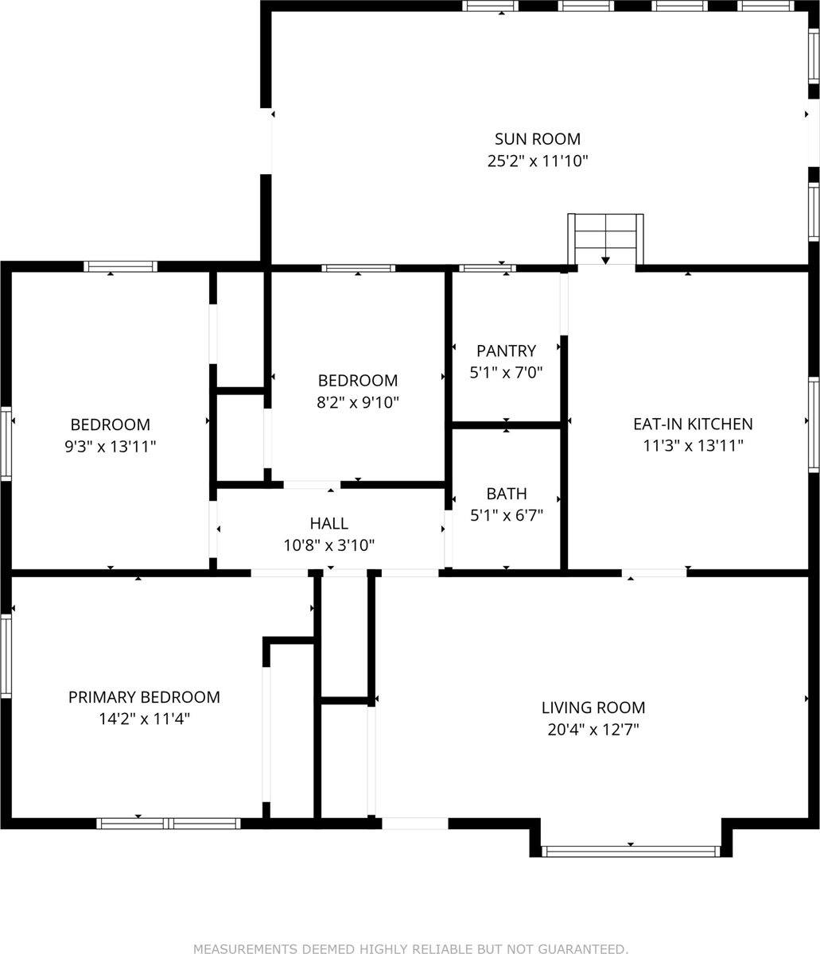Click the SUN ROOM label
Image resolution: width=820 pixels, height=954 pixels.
tap(537, 139)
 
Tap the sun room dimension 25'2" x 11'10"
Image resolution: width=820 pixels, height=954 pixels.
tap(537, 161)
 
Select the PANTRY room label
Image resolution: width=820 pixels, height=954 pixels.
tap(506, 351)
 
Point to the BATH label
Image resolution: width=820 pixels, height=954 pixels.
tap(507, 494)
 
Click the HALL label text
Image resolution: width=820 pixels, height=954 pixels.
tap(328, 524)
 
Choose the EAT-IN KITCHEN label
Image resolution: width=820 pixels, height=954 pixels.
tap(692, 425)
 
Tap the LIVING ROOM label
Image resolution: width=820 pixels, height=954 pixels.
tap(593, 708)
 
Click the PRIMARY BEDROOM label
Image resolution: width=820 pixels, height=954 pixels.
tap(144, 697)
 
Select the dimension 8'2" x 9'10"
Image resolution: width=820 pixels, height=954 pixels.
tap(357, 402)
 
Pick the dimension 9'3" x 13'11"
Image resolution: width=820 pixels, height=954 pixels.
tap(110, 447)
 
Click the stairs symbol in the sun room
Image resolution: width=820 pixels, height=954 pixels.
tap(605, 238)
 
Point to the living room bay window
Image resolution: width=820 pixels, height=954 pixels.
tap(631, 851)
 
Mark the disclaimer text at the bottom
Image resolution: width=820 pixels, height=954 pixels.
tap(410, 948)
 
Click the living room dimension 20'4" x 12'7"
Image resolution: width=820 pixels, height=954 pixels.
tap(593, 730)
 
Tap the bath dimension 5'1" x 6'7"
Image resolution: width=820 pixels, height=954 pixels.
tap(507, 515)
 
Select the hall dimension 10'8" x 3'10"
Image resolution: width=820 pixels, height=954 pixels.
tap(328, 545)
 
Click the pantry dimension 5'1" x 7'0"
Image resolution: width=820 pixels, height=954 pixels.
tap(506, 372)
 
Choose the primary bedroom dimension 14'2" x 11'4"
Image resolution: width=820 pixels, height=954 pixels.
tap(144, 719)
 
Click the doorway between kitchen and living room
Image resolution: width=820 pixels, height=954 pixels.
tap(654, 572)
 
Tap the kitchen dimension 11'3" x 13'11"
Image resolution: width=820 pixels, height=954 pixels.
tap(692, 447)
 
